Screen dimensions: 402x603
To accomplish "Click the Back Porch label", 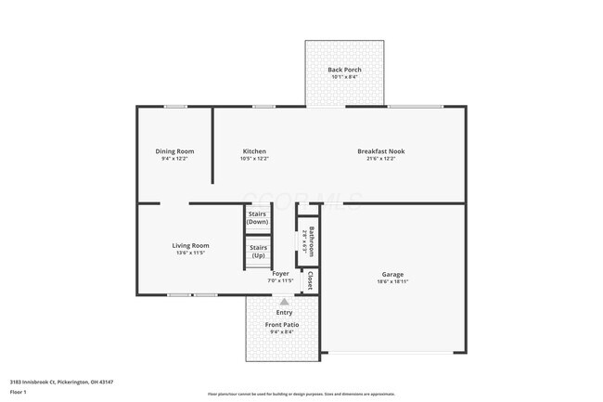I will [344, 70].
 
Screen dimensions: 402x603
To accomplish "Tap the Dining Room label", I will [174, 151].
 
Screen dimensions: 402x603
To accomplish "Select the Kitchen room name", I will [254, 151].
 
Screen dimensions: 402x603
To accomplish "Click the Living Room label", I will [190, 246].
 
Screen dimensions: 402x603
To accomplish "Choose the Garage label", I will [392, 274].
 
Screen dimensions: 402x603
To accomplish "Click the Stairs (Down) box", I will [257, 218].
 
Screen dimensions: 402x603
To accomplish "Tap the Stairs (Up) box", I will [258, 251].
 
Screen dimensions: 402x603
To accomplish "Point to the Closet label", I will [310, 280].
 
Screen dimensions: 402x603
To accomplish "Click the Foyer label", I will [280, 274].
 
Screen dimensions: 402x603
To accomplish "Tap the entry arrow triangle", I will [284, 302].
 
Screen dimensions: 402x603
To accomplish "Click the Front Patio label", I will [284, 324].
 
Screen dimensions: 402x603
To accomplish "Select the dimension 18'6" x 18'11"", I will [392, 281].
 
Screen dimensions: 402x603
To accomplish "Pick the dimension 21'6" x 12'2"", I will [380, 159].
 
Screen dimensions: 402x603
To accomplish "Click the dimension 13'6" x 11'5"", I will [190, 253].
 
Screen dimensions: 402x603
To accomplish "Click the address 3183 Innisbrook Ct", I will [37, 380].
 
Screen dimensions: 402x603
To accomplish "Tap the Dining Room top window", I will [175, 106].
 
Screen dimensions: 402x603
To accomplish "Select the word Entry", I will [284, 313].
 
